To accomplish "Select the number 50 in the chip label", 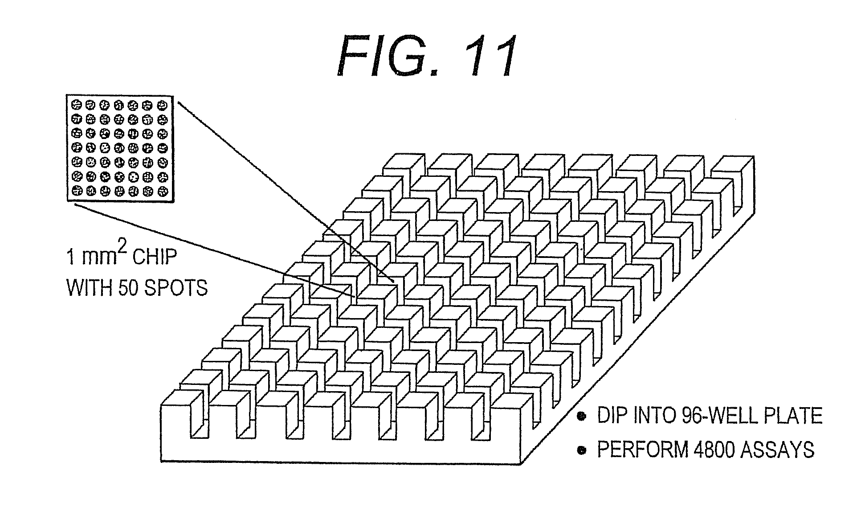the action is pos(126,288).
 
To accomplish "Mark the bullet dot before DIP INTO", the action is pos(581,417).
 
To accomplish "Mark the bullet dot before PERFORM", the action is pos(581,450).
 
